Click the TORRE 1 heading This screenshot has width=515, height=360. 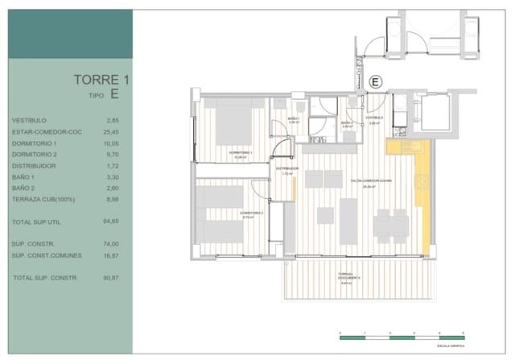(x=101, y=79)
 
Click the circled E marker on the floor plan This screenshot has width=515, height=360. (x=374, y=81)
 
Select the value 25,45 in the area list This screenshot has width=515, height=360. (x=111, y=131)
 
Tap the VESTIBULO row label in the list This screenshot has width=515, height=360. (x=29, y=120)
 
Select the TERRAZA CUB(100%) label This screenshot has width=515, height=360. (x=42, y=198)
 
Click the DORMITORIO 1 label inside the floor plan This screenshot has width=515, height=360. (x=241, y=153)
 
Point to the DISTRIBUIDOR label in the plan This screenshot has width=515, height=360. (x=287, y=170)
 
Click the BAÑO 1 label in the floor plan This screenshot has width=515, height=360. (x=293, y=120)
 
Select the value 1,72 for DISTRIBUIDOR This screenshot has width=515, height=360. (x=112, y=164)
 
